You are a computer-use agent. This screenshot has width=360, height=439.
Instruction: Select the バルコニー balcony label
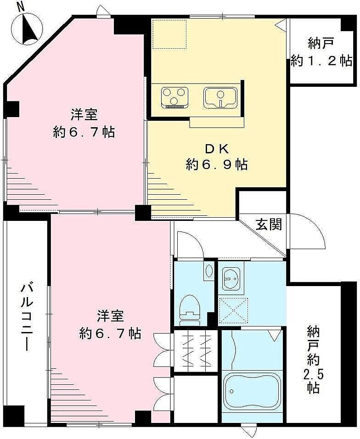pyautogui.click(x=28, y=317)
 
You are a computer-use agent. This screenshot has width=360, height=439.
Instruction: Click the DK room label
pyautogui.click(x=217, y=149)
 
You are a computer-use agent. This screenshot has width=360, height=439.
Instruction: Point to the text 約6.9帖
pyautogui.click(x=217, y=164)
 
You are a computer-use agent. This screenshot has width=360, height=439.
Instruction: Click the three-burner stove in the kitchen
pyautogui.click(x=174, y=97)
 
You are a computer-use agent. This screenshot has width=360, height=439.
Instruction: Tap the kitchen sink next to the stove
pyautogui.click(x=220, y=97)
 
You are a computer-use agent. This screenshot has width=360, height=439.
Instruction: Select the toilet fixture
pyautogui.click(x=190, y=310)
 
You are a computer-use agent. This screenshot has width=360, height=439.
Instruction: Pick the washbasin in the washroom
pyautogui.click(x=231, y=278)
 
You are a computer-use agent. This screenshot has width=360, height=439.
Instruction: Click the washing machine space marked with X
pyautogui.click(x=233, y=310)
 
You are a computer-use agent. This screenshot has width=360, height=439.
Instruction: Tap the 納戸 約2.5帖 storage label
pyautogui.click(x=314, y=360)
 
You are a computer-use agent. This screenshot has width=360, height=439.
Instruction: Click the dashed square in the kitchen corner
pyautogui.click(x=169, y=34)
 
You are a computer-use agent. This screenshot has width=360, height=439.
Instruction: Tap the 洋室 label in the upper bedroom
pyautogui.click(x=84, y=115)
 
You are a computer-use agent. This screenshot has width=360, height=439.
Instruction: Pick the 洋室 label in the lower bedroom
pyautogui.click(x=110, y=316)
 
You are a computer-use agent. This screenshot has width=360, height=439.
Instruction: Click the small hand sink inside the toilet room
pyautogui.click(x=208, y=271)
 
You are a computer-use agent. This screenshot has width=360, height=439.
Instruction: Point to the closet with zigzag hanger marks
pyautogui.click(x=196, y=350)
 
